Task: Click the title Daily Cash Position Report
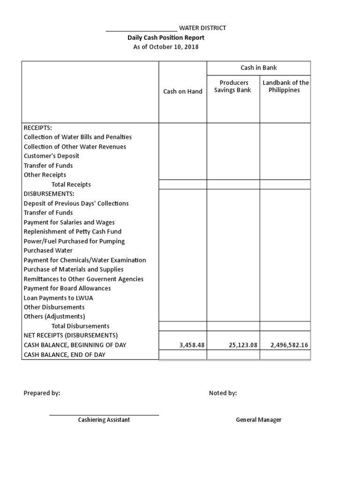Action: pos(166,37)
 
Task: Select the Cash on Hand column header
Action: pos(183,91)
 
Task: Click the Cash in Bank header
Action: pos(259,67)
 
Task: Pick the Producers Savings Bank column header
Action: pos(233,86)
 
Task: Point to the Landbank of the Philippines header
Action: pos(285,86)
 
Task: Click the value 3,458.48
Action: pos(192,345)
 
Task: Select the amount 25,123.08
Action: pos(243,345)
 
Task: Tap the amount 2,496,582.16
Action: pos(289,345)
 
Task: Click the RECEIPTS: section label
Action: pos(38,127)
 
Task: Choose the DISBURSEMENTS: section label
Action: pos(49,194)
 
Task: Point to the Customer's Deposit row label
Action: pos(52,156)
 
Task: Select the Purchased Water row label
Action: pos(48,250)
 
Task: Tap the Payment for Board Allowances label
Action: pos(67,288)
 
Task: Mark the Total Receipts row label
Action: pos(71,185)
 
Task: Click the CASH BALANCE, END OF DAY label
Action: pos(65,355)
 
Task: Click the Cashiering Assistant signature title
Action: pos(104,420)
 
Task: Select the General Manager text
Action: pos(259,420)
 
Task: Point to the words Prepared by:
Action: pos(42,393)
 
